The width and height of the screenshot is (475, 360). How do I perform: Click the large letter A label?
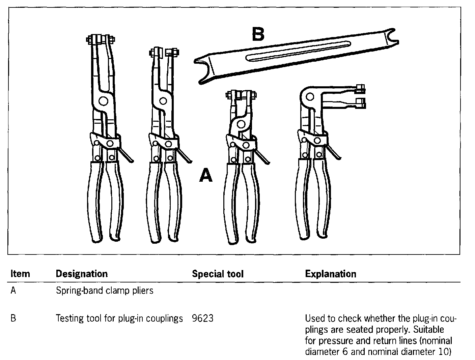(206, 176)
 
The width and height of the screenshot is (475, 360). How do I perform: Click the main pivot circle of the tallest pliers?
(104, 101)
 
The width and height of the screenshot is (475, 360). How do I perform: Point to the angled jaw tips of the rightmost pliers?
(360, 96)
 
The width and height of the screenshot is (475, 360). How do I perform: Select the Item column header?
(20, 274)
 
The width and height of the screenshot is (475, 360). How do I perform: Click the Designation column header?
(82, 274)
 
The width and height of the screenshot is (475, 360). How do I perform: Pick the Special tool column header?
(218, 274)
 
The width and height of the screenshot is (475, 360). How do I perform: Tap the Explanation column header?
(331, 274)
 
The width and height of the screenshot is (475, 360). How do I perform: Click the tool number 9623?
(202, 318)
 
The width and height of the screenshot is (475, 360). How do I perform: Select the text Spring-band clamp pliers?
(105, 290)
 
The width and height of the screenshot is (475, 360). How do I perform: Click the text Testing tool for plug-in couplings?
(119, 318)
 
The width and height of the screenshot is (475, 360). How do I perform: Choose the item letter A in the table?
(13, 290)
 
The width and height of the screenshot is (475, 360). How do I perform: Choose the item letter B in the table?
(13, 318)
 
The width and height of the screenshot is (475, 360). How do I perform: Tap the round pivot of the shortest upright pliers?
(241, 123)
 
